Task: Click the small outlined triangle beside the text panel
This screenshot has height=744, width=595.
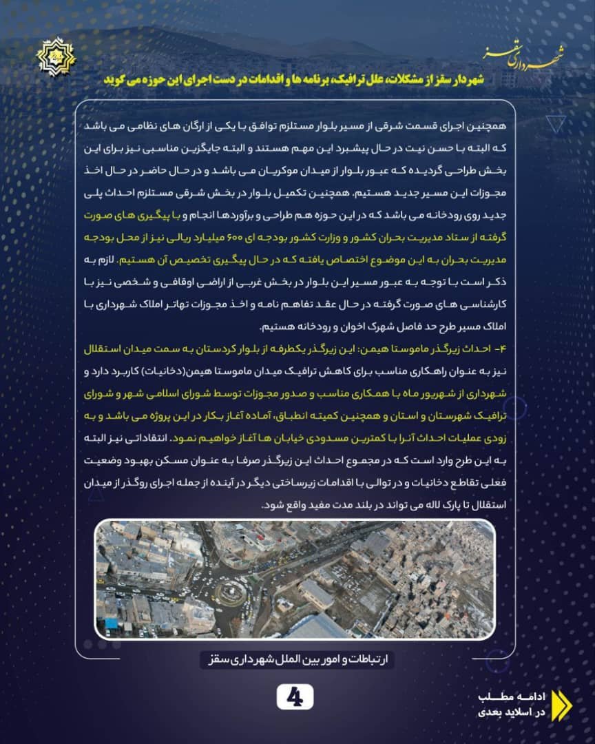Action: point(554,125)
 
